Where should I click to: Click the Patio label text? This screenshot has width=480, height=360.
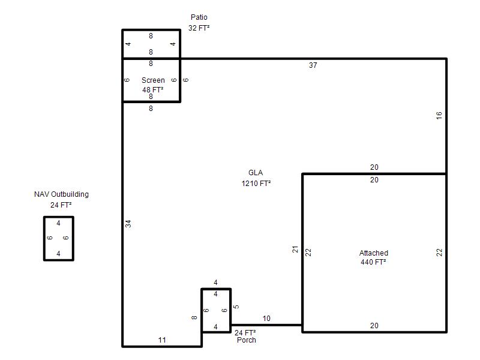(199, 17)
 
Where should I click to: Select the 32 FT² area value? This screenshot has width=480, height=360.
(199, 28)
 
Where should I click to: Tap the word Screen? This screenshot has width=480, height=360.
(153, 80)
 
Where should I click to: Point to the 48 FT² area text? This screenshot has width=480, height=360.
(153, 89)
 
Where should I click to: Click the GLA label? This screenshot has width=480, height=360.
(256, 173)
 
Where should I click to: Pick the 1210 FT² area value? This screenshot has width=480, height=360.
(256, 184)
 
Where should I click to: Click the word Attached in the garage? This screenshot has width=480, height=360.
(373, 253)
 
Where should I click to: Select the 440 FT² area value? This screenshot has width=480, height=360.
(373, 262)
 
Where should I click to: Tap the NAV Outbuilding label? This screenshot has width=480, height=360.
(62, 194)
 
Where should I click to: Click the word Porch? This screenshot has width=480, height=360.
(247, 340)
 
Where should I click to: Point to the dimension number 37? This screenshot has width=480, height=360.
(313, 65)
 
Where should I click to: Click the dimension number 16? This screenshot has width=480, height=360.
(439, 115)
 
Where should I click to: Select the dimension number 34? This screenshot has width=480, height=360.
(128, 224)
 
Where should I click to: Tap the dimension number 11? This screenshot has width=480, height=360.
(162, 340)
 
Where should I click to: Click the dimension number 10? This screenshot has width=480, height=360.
(266, 319)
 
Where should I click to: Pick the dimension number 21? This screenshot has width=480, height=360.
(295, 249)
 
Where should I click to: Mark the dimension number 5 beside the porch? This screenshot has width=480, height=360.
(236, 307)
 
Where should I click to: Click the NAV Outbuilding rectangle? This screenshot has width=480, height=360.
(44, 238)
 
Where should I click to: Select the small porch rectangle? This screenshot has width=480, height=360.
(201, 310)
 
